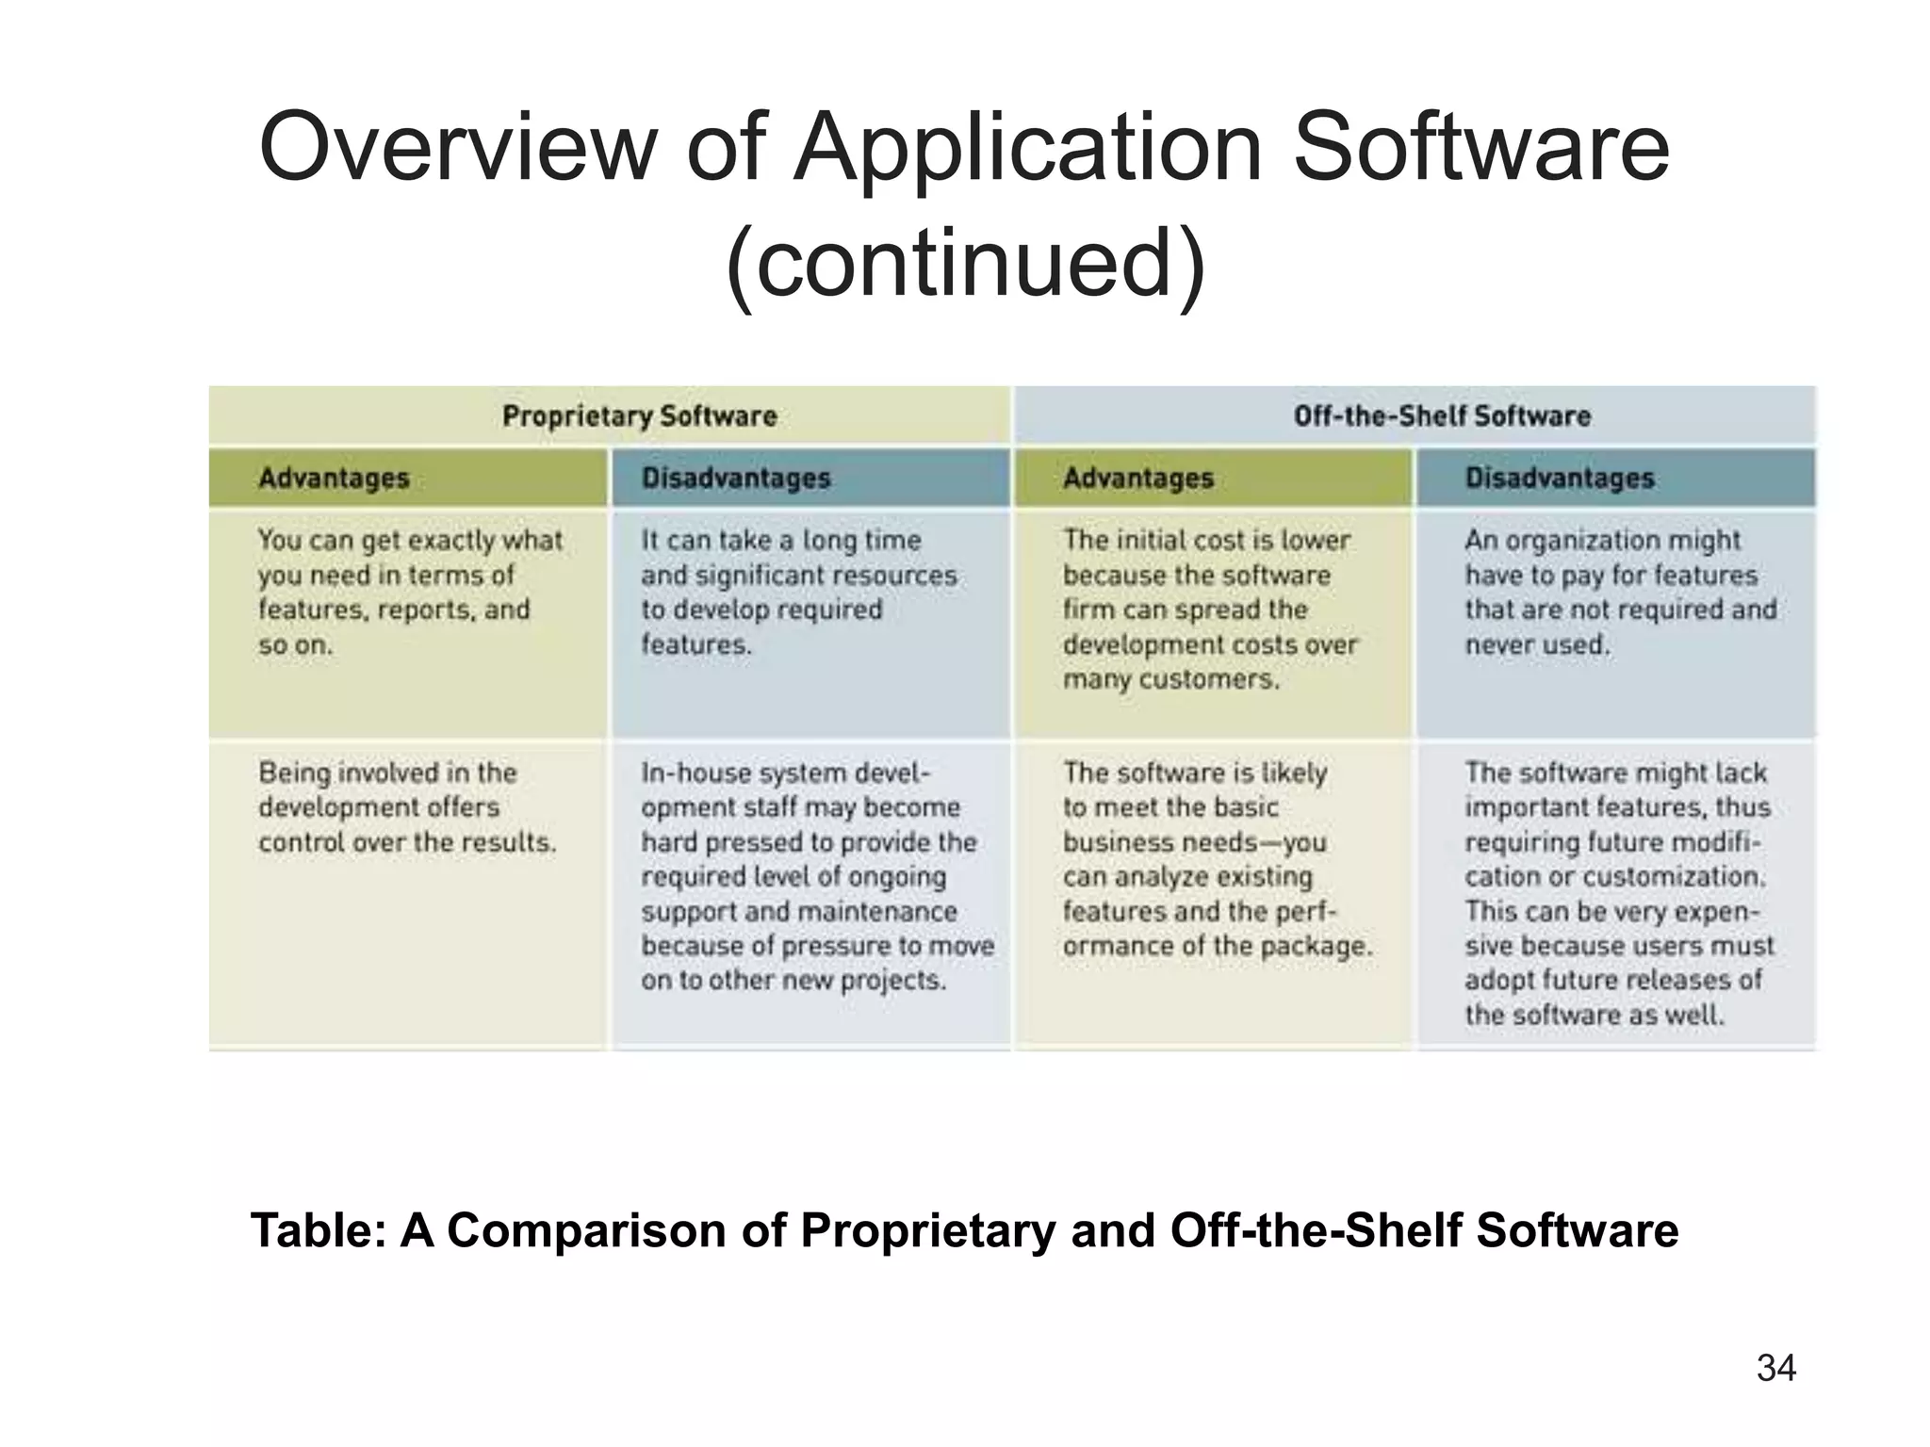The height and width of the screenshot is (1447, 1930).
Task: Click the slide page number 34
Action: tap(1775, 1368)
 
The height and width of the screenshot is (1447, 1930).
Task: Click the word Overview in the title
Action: tap(456, 148)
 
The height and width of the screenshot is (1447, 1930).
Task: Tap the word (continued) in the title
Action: tap(965, 263)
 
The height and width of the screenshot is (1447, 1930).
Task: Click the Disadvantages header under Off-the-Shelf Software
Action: tap(1559, 478)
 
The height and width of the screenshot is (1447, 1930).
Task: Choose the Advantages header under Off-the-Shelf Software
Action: tap(1137, 478)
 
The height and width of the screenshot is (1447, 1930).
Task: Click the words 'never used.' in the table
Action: tap(1537, 645)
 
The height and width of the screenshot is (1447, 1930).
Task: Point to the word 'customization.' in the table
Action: tap(1673, 877)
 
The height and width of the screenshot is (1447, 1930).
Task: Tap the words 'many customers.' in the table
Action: tap(1170, 679)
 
